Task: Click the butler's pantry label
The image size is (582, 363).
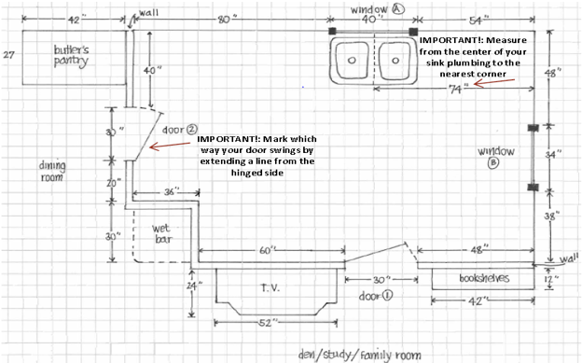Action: [x=71, y=56]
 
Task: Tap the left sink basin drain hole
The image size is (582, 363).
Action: [x=352, y=61]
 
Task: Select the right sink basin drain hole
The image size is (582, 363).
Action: [x=395, y=61]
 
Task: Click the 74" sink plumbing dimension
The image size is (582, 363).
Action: [x=456, y=90]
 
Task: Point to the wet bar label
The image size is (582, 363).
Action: [x=161, y=233]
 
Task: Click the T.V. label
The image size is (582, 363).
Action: [x=270, y=288]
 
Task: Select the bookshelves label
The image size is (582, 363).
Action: [x=484, y=278]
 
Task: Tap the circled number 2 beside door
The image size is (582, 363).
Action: [x=191, y=129]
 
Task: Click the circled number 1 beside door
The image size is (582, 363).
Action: [x=386, y=296]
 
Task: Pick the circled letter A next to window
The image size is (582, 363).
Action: [x=398, y=9]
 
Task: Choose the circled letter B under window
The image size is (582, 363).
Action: [x=493, y=162]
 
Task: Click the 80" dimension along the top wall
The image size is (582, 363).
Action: [x=225, y=20]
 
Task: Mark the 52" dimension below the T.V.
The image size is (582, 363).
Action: [x=266, y=323]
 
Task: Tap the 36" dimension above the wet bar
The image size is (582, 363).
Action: [x=172, y=192]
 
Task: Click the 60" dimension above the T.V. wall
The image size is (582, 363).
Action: [x=267, y=250]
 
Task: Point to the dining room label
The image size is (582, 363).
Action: [x=52, y=171]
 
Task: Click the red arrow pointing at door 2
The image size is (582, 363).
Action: [x=170, y=146]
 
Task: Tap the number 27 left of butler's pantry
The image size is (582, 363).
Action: [x=9, y=55]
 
